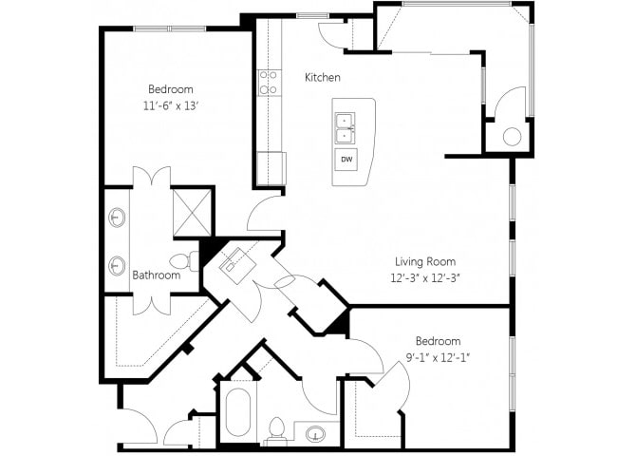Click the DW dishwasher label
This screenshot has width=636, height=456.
[346, 160]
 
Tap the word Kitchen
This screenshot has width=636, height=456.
[323, 77]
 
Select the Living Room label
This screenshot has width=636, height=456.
[425, 261]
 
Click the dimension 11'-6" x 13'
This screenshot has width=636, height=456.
[170, 106]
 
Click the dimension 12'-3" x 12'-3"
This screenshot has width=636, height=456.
[425, 278]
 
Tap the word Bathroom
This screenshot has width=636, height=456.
[157, 275]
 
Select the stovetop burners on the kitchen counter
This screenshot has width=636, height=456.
[268, 83]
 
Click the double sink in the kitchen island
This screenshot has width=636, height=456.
[346, 128]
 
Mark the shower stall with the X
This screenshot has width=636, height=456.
[192, 213]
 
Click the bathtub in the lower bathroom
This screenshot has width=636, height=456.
[238, 412]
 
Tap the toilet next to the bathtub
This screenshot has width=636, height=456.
[277, 430]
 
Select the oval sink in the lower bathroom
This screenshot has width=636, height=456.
[315, 433]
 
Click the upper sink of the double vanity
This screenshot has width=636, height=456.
[117, 218]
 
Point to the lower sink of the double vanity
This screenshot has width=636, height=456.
[117, 265]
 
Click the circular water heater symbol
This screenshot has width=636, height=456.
[512, 137]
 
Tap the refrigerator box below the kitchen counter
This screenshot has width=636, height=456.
[271, 168]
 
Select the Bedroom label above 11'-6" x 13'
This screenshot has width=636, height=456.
[170, 89]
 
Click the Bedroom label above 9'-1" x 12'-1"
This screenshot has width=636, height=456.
[438, 341]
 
